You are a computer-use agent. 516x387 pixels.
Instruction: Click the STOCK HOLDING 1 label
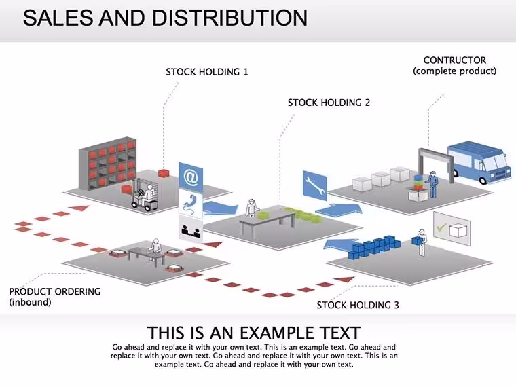pos(206,72)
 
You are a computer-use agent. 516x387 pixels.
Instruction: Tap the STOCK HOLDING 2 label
pos(329,103)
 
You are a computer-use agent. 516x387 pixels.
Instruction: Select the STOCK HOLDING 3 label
pos(358,305)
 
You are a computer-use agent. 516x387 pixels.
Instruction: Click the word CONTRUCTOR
pos(454,60)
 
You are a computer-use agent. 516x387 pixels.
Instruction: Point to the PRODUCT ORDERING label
pos(54,291)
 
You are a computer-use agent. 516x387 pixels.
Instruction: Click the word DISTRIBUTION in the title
pos(229,18)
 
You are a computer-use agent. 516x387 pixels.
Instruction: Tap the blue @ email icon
pos(191,177)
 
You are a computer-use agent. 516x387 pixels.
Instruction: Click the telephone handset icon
pos(191,204)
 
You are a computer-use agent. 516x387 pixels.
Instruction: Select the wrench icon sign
pos(314,185)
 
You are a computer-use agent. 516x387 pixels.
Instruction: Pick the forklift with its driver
pos(145,195)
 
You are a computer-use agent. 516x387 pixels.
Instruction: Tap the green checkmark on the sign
pos(441,227)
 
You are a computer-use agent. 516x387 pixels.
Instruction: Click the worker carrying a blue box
pos(420,242)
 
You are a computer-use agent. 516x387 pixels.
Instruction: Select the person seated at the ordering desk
pos(154,247)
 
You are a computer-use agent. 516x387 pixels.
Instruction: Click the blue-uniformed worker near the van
pos(432,184)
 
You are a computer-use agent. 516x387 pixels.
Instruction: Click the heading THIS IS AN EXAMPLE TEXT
pos(254,333)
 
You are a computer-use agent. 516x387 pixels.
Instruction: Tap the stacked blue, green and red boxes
pos(418,183)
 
